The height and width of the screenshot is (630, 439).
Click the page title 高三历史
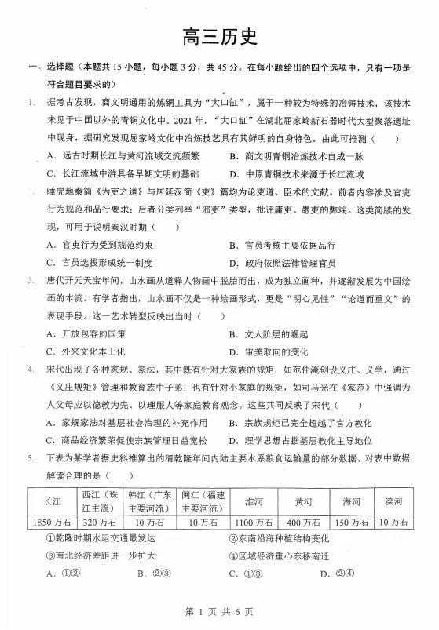coord(219,36)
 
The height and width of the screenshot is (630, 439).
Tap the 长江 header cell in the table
coord(53,501)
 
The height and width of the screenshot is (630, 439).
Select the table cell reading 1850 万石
coord(53,522)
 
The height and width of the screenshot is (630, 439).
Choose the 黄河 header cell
coord(302,501)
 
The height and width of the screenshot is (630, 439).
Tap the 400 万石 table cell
coord(302,522)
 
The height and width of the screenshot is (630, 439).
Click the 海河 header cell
coord(349,501)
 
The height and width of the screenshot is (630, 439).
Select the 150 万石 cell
coord(349,522)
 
